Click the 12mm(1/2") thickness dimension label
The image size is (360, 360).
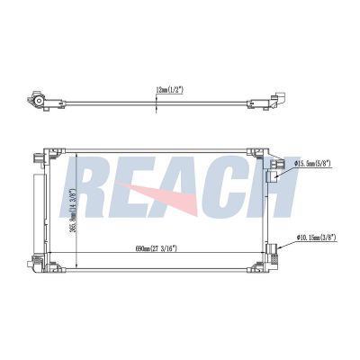tap(170, 89)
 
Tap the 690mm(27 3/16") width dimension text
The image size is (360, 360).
tap(157, 248)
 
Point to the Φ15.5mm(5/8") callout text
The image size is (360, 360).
tap(312, 164)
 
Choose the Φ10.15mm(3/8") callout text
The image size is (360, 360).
tap(316, 238)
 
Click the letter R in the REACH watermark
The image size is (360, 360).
tap(84, 186)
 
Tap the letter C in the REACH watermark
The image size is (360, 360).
tap(231, 186)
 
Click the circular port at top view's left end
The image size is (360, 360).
tap(39, 101)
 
